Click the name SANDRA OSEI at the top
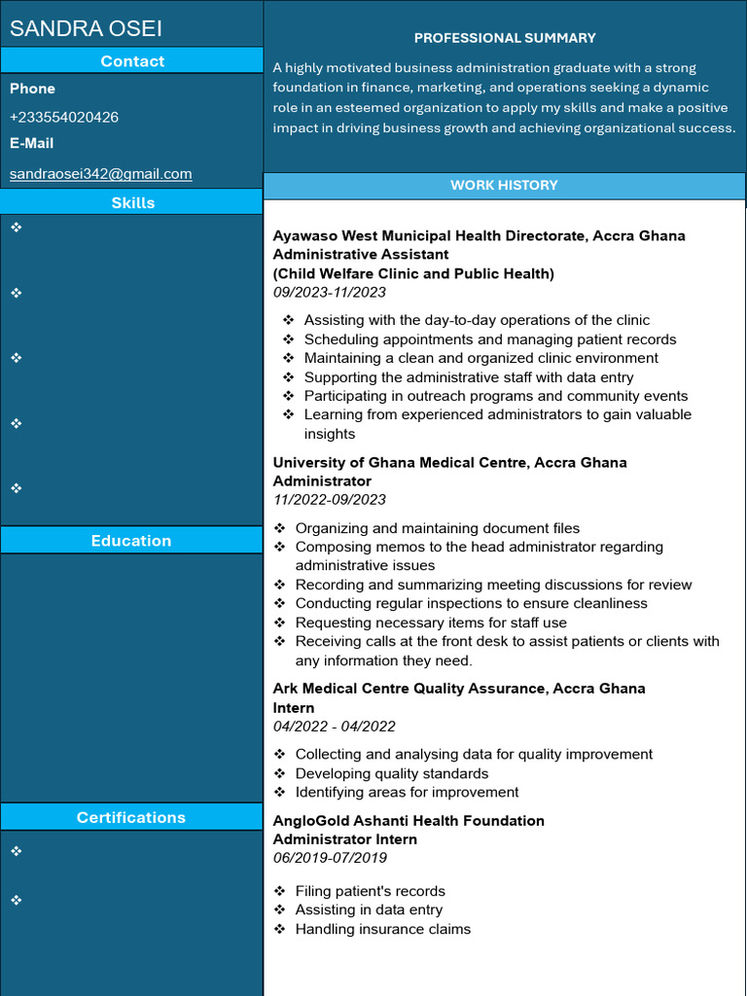pyautogui.click(x=86, y=28)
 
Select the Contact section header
pyautogui.click(x=132, y=61)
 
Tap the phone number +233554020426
pyautogui.click(x=64, y=117)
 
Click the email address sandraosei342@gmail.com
pyautogui.click(x=100, y=174)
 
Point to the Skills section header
pyautogui.click(x=132, y=202)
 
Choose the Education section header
pyautogui.click(x=131, y=541)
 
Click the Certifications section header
pyautogui.click(x=131, y=817)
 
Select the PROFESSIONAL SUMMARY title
pyautogui.click(x=505, y=38)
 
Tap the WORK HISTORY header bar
pyautogui.click(x=504, y=185)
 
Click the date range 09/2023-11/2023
pyautogui.click(x=329, y=293)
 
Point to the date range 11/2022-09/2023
pyautogui.click(x=329, y=500)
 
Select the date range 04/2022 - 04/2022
pyautogui.click(x=334, y=727)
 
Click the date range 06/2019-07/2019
pyautogui.click(x=329, y=858)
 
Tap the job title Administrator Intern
pyautogui.click(x=344, y=839)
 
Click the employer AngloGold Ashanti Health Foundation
pyautogui.click(x=409, y=821)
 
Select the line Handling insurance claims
pyautogui.click(x=382, y=929)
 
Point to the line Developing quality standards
pyautogui.click(x=391, y=773)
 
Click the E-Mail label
pyautogui.click(x=32, y=143)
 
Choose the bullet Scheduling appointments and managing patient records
pyautogui.click(x=489, y=339)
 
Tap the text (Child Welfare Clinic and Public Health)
pyautogui.click(x=413, y=273)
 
